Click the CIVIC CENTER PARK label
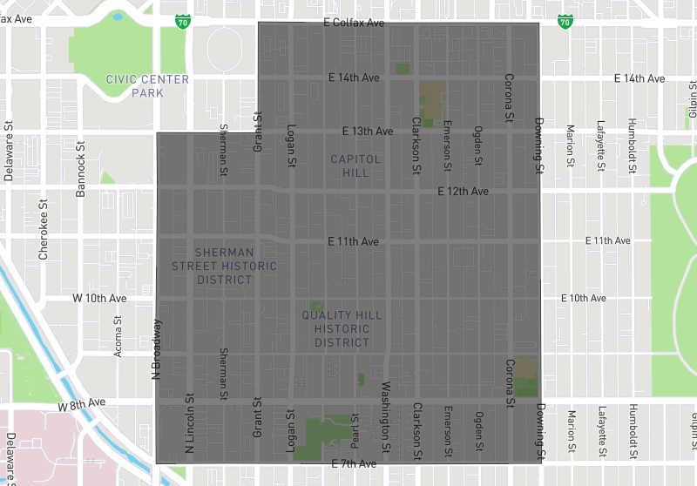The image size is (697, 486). click(147, 85)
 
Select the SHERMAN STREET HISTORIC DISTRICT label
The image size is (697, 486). click(224, 266)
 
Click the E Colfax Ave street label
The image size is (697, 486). click(353, 23)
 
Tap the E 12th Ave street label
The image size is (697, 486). click(463, 191)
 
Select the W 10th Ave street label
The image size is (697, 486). click(99, 298)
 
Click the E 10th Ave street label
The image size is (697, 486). click(583, 298)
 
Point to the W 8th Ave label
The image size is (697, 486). click(82, 404)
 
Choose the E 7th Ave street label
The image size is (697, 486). click(355, 464)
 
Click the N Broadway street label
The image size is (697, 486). click(157, 349)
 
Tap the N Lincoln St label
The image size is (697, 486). click(188, 425)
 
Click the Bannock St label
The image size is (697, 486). click(80, 155)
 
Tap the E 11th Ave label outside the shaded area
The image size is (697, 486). click(607, 240)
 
